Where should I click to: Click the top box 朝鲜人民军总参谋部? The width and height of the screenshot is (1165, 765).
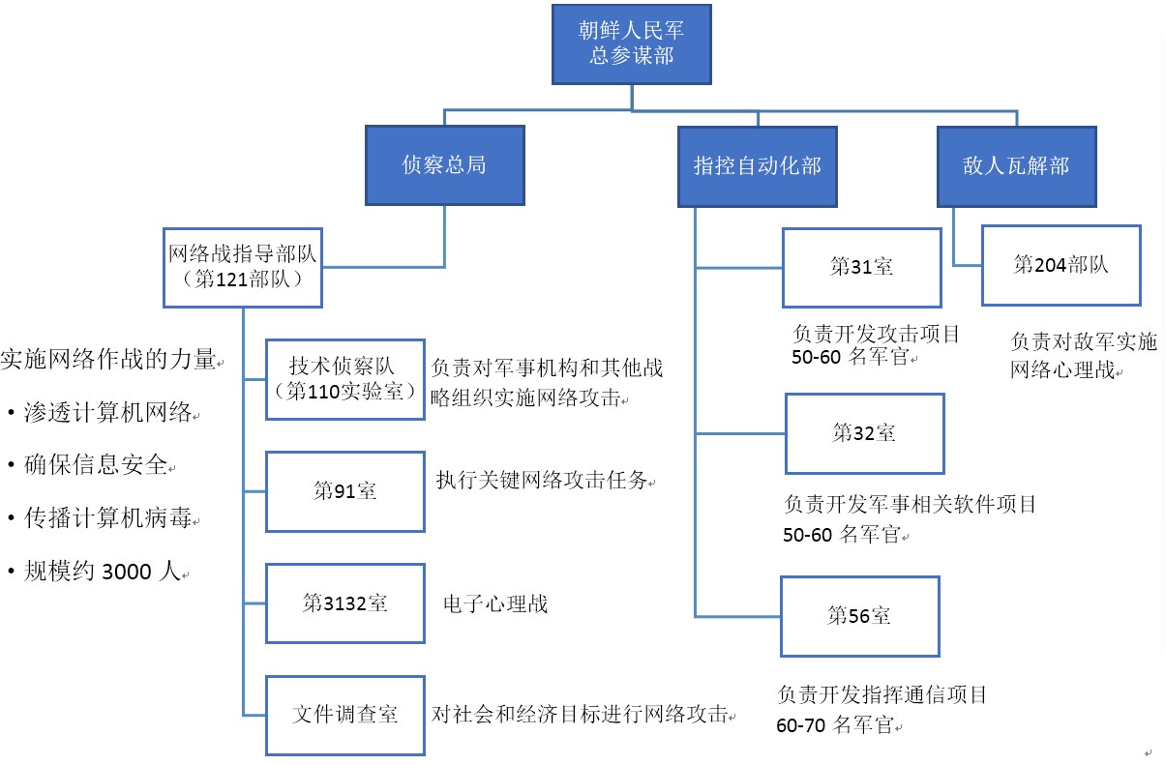(632, 44)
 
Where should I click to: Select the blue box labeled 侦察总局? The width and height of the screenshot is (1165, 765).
(444, 165)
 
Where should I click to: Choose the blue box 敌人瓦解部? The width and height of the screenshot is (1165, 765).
(1016, 165)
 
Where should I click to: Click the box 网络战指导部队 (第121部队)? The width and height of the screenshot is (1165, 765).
(243, 267)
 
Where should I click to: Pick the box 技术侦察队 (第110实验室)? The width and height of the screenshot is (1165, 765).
(344, 379)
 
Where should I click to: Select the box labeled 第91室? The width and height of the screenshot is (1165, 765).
(344, 490)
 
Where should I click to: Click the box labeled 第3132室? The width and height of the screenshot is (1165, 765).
(344, 603)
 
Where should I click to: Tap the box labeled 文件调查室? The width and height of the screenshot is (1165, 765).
(344, 715)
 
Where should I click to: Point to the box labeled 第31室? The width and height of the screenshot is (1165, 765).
(861, 267)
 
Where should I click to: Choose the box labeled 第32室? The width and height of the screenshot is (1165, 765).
(864, 433)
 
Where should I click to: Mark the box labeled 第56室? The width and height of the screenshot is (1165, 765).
(859, 616)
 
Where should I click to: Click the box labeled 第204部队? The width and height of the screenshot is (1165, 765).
(1060, 265)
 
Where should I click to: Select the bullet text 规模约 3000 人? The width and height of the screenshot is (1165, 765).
(102, 572)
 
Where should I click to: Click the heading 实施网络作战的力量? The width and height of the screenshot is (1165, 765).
(108, 360)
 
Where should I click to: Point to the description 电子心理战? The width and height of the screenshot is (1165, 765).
(494, 604)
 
